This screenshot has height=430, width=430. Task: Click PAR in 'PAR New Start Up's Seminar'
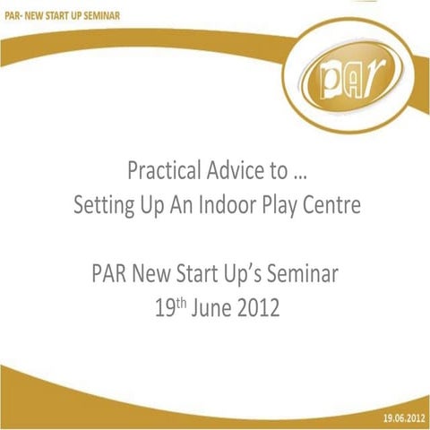109,274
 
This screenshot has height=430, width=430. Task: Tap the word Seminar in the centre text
309,274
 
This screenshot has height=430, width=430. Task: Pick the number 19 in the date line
164,310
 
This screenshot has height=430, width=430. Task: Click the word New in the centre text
152,274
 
